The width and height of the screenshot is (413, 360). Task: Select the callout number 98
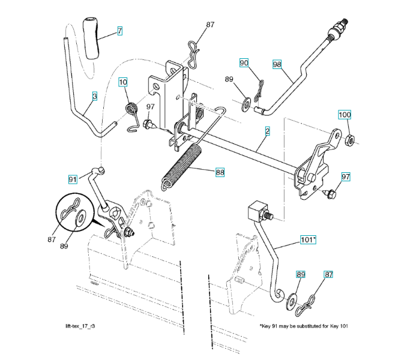click(277, 64)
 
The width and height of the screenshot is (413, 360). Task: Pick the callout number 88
click(220, 172)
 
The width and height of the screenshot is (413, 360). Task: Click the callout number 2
click(267, 130)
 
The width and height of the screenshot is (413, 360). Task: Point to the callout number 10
click(123, 82)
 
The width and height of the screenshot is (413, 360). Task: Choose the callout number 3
click(94, 95)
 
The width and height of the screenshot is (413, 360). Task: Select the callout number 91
click(73, 179)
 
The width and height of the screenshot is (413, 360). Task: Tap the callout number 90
click(244, 63)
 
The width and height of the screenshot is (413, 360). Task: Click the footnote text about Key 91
click(304, 326)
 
